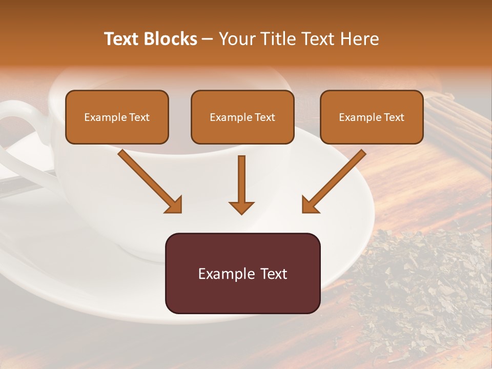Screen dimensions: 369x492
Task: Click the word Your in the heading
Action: point(234,39)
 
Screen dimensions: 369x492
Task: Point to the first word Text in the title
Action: point(123,39)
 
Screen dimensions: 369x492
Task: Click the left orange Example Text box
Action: point(117,117)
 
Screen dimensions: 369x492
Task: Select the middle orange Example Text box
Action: point(242,117)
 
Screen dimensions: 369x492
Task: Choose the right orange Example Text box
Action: point(372,117)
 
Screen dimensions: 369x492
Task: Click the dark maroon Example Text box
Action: point(242,273)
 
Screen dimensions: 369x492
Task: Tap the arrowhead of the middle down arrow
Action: point(241,207)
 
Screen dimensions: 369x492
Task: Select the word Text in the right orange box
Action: point(394,117)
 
